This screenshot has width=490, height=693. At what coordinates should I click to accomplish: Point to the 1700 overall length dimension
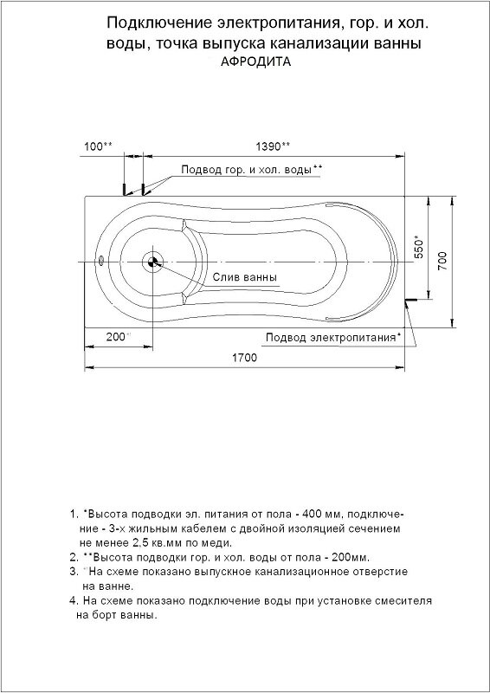[x=245, y=359]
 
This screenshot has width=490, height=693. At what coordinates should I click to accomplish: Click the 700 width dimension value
[x=442, y=262]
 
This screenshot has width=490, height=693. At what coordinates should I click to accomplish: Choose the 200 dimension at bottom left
[x=117, y=336]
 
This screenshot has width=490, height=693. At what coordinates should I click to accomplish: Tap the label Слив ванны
[x=245, y=278]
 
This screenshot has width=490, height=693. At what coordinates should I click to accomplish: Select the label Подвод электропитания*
[x=333, y=337]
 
